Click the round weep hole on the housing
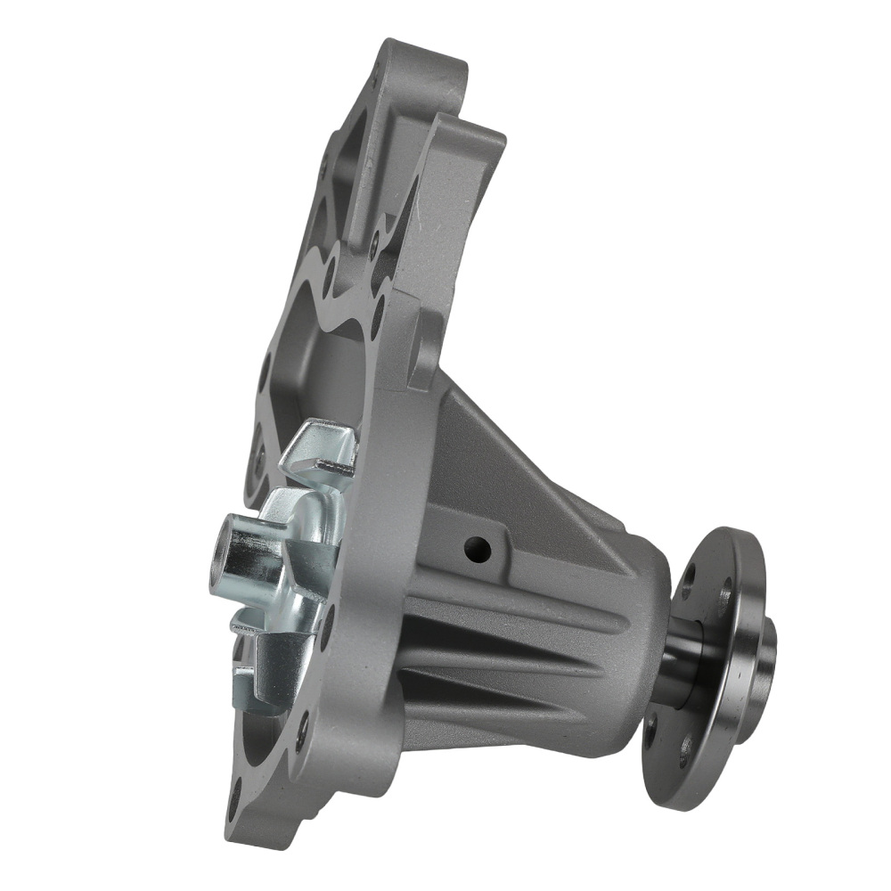pos(478,549)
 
